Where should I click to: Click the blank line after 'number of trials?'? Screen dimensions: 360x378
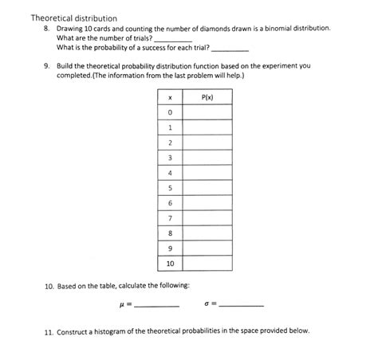(x=171, y=39)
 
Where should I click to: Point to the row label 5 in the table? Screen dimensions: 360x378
(x=170, y=187)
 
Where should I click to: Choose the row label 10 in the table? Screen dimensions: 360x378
(x=170, y=263)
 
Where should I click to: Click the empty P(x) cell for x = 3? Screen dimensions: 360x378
(x=207, y=157)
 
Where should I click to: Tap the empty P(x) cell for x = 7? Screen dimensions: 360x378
(x=207, y=217)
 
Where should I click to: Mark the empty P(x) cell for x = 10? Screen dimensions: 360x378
(x=207, y=263)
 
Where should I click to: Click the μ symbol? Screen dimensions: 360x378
(x=118, y=303)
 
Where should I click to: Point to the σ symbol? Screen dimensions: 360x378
(x=207, y=303)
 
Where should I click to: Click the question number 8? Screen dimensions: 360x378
(x=47, y=28)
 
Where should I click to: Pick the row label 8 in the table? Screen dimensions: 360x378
(x=170, y=233)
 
